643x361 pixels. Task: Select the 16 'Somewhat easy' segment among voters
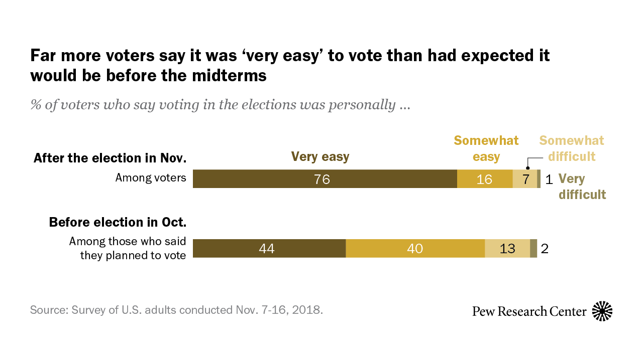pos(484,179)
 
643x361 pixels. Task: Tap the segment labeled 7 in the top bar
pos(524,179)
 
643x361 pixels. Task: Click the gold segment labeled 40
pos(415,248)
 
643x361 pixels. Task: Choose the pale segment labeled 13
pos(507,248)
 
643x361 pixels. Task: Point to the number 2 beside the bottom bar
pos(545,249)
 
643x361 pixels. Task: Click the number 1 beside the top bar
pos(549,179)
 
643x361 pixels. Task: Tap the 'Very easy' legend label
pos(320,157)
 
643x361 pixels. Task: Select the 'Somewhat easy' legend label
pos(486,148)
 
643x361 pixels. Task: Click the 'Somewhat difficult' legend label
pos(572,148)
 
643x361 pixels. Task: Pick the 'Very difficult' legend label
pos(582,187)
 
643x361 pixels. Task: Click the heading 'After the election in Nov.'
pos(110,158)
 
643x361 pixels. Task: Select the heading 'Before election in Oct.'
pos(118,222)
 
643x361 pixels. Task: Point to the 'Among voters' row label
pos(151,177)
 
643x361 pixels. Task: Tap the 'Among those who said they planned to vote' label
pos(128,248)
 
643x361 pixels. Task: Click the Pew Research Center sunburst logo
pos(602,311)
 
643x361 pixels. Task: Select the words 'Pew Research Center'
pos(529,311)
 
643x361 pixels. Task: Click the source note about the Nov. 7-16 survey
pos(176,309)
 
